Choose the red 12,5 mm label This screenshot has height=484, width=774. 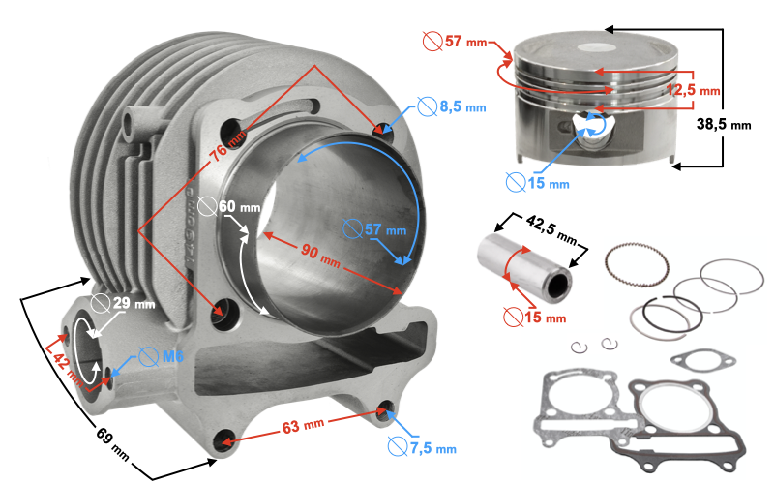pyautogui.click(x=697, y=90)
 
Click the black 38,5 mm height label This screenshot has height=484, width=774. pyautogui.click(x=726, y=125)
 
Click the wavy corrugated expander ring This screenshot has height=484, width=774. pyautogui.click(x=636, y=260)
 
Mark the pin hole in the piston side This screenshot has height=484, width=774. pyautogui.click(x=591, y=124)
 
